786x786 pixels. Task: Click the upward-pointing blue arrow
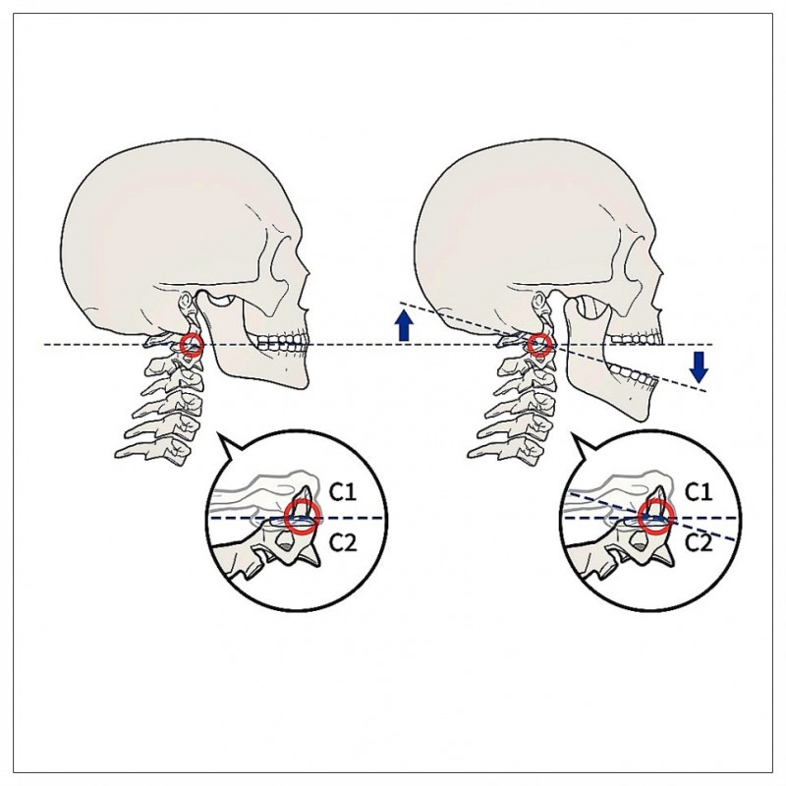(x=403, y=324)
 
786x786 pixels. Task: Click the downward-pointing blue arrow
(x=699, y=366)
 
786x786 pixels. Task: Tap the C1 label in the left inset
(x=344, y=489)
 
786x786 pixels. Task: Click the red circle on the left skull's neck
(x=193, y=345)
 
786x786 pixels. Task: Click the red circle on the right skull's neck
(x=538, y=345)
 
